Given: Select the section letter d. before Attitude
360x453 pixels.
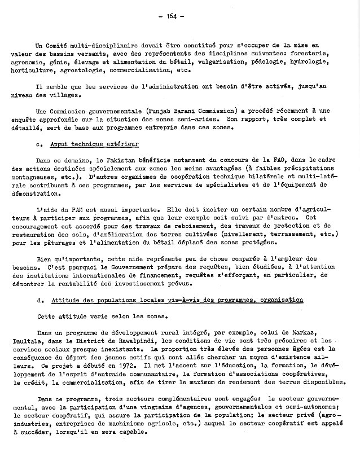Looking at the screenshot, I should click(39, 300).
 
